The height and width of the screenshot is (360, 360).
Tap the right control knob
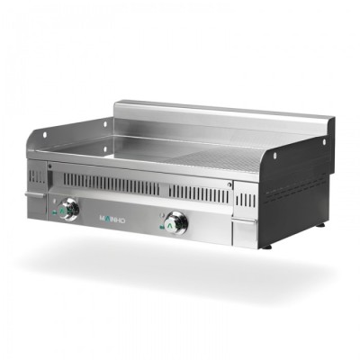coord(175,220)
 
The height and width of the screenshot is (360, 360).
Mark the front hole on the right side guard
coord(265,167)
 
